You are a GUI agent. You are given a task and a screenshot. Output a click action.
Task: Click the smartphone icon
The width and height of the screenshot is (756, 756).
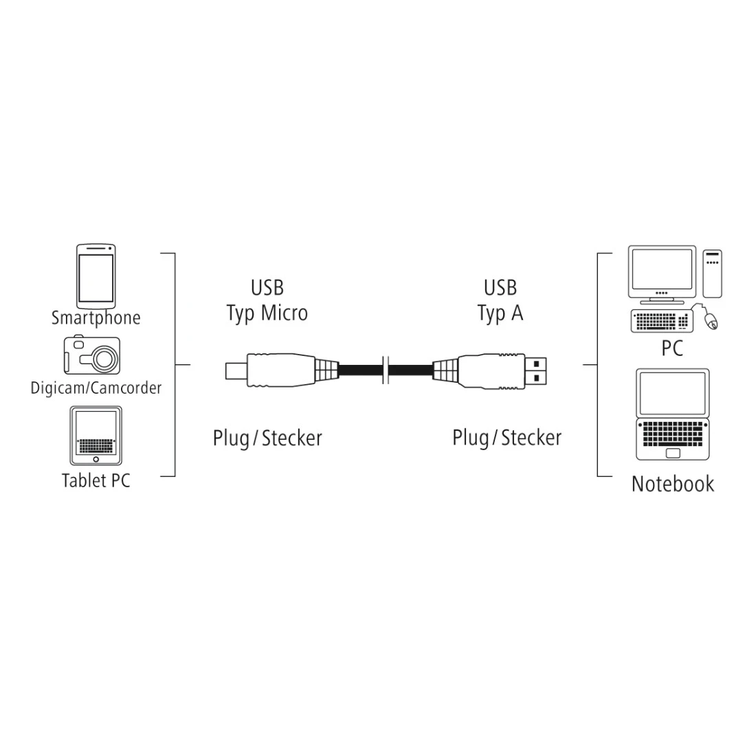[x=96, y=276]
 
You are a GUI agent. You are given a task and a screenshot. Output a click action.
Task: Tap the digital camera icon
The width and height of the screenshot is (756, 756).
[x=92, y=355]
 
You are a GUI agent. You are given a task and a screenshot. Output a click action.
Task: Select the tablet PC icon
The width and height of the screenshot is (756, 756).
[x=96, y=435]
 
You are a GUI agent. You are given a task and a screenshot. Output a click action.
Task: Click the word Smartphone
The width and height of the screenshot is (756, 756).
[x=96, y=318]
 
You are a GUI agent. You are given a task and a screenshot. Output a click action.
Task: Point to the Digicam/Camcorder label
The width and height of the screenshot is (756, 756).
[x=96, y=388]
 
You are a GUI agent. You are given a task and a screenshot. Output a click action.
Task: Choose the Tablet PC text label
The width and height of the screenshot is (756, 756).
[x=96, y=480]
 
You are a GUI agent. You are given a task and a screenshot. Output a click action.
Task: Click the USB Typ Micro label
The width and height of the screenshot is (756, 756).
[x=267, y=300]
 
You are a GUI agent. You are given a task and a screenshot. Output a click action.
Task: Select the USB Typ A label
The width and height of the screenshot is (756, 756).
[x=500, y=300]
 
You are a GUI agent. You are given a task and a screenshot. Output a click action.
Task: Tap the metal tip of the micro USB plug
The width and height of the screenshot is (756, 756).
[x=236, y=370]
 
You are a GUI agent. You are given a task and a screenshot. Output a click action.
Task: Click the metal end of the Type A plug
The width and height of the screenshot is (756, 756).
[x=535, y=370]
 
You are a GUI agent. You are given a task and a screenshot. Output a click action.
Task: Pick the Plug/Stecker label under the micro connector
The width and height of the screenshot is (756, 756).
[x=267, y=438]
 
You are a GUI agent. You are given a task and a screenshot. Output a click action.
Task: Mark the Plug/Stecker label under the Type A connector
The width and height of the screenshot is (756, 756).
[x=507, y=438]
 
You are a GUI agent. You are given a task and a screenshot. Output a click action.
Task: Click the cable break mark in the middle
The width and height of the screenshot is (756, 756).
[x=386, y=370]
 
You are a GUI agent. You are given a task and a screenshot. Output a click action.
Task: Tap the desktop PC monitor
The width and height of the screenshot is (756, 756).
[x=662, y=274]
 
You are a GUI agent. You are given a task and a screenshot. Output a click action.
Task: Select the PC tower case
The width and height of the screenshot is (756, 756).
[x=712, y=274]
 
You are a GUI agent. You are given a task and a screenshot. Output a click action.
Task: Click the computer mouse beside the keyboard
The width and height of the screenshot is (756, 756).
[x=711, y=320]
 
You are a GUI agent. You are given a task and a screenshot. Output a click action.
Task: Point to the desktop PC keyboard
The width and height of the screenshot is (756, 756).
[x=662, y=321]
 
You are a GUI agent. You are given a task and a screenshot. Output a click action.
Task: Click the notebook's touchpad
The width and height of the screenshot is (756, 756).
[x=673, y=453]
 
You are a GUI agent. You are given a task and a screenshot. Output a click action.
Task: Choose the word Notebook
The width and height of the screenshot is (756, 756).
[x=673, y=484]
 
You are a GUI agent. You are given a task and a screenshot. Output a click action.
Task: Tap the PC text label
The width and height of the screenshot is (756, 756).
[x=672, y=348]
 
